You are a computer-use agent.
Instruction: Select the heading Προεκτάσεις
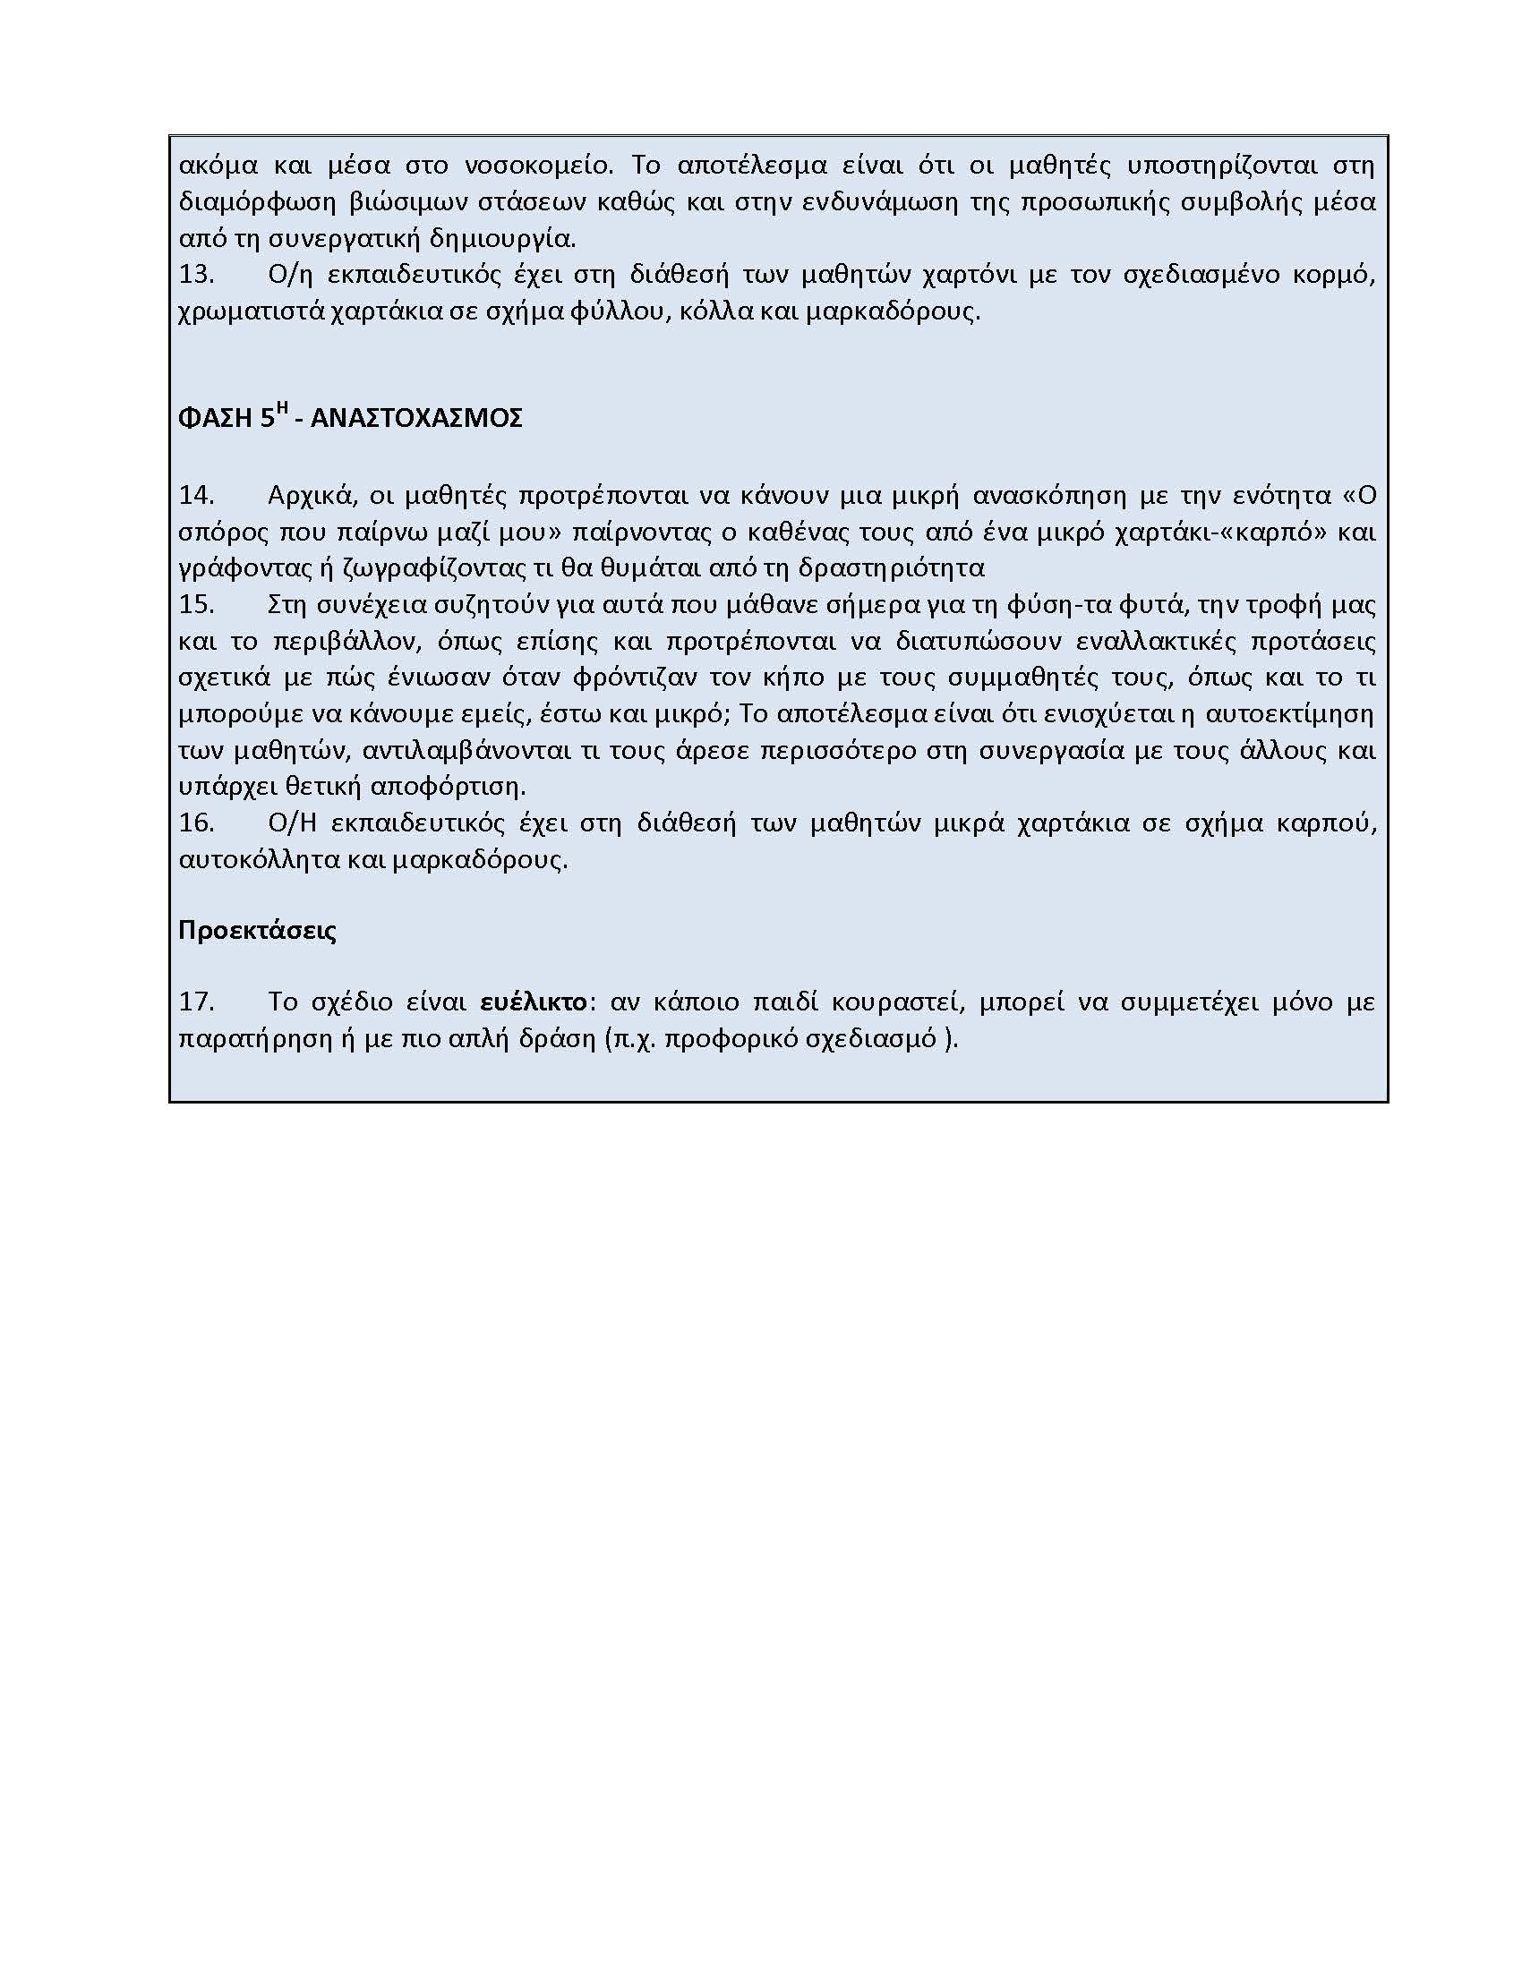click(x=257, y=931)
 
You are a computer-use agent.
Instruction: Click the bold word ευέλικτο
click(x=534, y=1002)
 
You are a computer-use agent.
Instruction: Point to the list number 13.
click(x=197, y=275)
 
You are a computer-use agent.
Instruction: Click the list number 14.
click(x=197, y=495)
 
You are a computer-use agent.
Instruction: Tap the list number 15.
click(x=197, y=604)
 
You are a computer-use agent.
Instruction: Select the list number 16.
click(x=197, y=823)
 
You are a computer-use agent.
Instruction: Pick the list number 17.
click(x=197, y=1002)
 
